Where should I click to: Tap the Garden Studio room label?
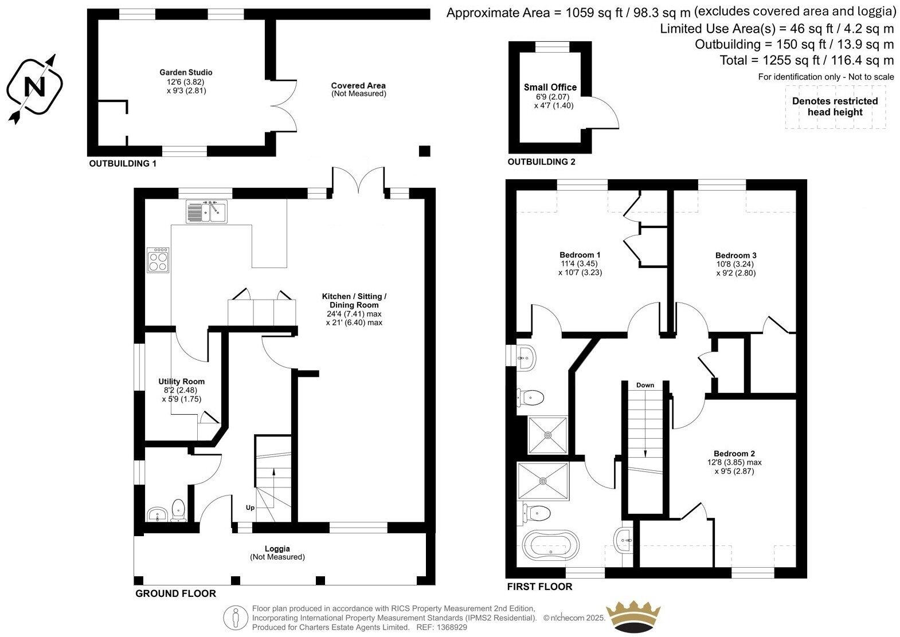186,73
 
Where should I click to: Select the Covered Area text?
358,86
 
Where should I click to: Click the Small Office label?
550,88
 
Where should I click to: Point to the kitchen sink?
207,211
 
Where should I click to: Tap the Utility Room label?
181,382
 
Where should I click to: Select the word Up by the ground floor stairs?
251,508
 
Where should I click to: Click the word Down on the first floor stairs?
645,385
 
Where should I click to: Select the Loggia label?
277,549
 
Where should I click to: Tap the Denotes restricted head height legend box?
835,107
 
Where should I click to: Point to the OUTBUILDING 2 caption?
541,162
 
